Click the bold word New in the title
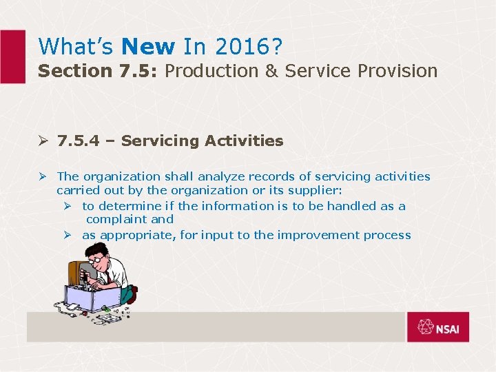click(148, 46)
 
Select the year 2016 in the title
click(242, 46)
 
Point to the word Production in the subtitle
click(210, 71)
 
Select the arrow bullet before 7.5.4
click(43, 141)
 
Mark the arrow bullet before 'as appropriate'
click(69, 235)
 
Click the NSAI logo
click(437, 327)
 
